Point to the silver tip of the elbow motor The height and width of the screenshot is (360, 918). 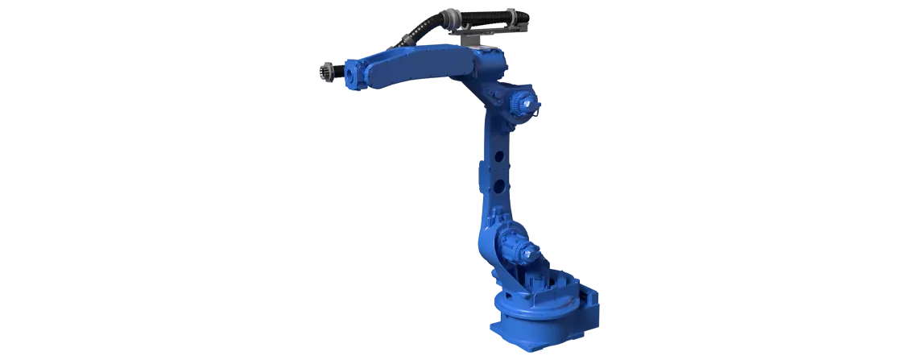533,104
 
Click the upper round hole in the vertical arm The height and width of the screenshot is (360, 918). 499,155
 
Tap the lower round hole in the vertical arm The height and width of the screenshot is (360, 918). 499,187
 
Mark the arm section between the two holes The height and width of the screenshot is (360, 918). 499,172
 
